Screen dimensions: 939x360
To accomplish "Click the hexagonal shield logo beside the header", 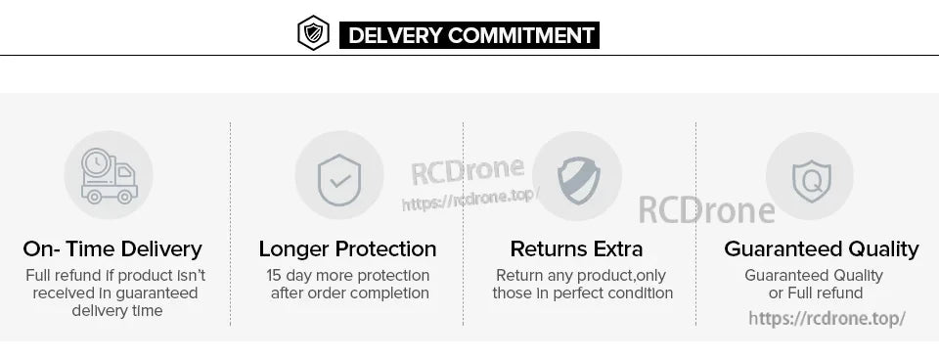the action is coord(313,33).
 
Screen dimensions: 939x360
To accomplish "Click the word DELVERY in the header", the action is coord(395,36).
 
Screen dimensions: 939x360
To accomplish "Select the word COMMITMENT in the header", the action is coord(521,36).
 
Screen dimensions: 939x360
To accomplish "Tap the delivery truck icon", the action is coord(109,176).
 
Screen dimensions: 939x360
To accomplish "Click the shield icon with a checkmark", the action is coord(339,176).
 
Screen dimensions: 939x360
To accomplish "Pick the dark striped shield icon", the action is coord(577,177).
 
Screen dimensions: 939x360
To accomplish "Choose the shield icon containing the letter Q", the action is coord(810,178).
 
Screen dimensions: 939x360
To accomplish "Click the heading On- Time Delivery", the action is coord(112,248).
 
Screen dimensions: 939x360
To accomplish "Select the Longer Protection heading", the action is coord(347,248).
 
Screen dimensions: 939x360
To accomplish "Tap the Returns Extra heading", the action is coord(577,248).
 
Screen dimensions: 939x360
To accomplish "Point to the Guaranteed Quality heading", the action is coord(821,248).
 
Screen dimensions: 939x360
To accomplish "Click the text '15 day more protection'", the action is coord(348,275).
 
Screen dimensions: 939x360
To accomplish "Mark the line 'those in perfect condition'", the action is coord(582,292).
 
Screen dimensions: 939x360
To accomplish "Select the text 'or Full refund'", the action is coord(816,292).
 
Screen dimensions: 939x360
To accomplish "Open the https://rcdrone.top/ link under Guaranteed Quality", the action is coord(827,318).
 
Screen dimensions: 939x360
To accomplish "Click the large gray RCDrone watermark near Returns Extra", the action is coord(706,208).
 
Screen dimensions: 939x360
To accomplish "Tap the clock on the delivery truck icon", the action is coord(96,162).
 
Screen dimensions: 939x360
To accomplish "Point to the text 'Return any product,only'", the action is coord(581,275).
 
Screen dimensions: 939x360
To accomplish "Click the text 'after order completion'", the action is coord(349,292).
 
